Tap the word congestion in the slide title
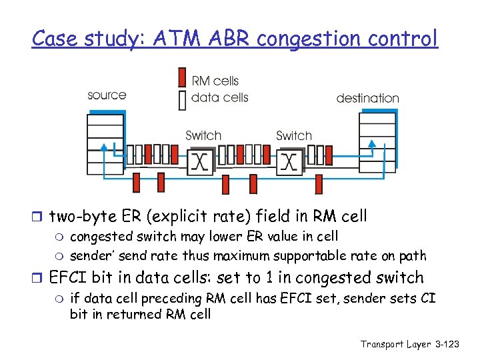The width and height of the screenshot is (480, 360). click(x=307, y=39)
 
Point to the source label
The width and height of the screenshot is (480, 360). click(x=107, y=95)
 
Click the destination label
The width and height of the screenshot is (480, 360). click(x=367, y=98)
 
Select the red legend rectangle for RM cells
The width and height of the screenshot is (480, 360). click(x=182, y=77)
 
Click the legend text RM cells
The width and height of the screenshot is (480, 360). click(x=215, y=81)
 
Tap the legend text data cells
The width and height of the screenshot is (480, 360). click(x=219, y=97)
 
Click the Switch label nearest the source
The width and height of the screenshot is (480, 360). click(x=203, y=135)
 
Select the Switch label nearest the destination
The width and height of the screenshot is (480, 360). click(x=294, y=135)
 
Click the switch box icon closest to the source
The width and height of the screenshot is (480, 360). click(x=199, y=161)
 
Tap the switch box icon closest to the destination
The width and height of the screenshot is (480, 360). click(x=289, y=161)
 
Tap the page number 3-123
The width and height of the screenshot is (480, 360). click(x=445, y=344)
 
